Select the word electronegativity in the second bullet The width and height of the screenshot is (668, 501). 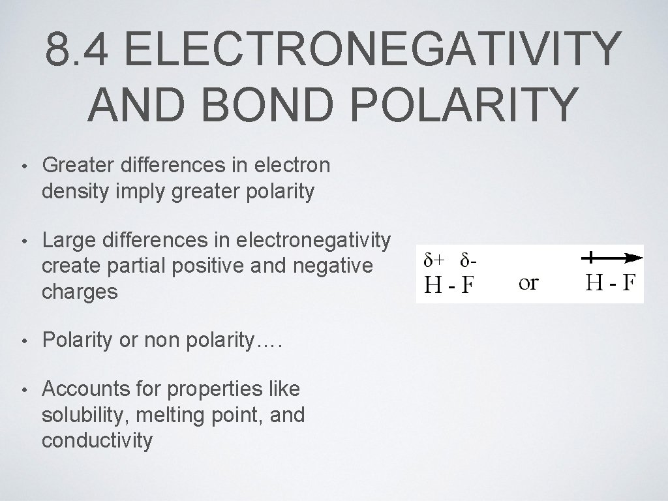click(313, 241)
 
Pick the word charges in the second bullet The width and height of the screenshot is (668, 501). click(80, 291)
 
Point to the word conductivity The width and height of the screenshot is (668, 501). click(97, 440)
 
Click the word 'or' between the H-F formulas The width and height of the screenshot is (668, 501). click(528, 282)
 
